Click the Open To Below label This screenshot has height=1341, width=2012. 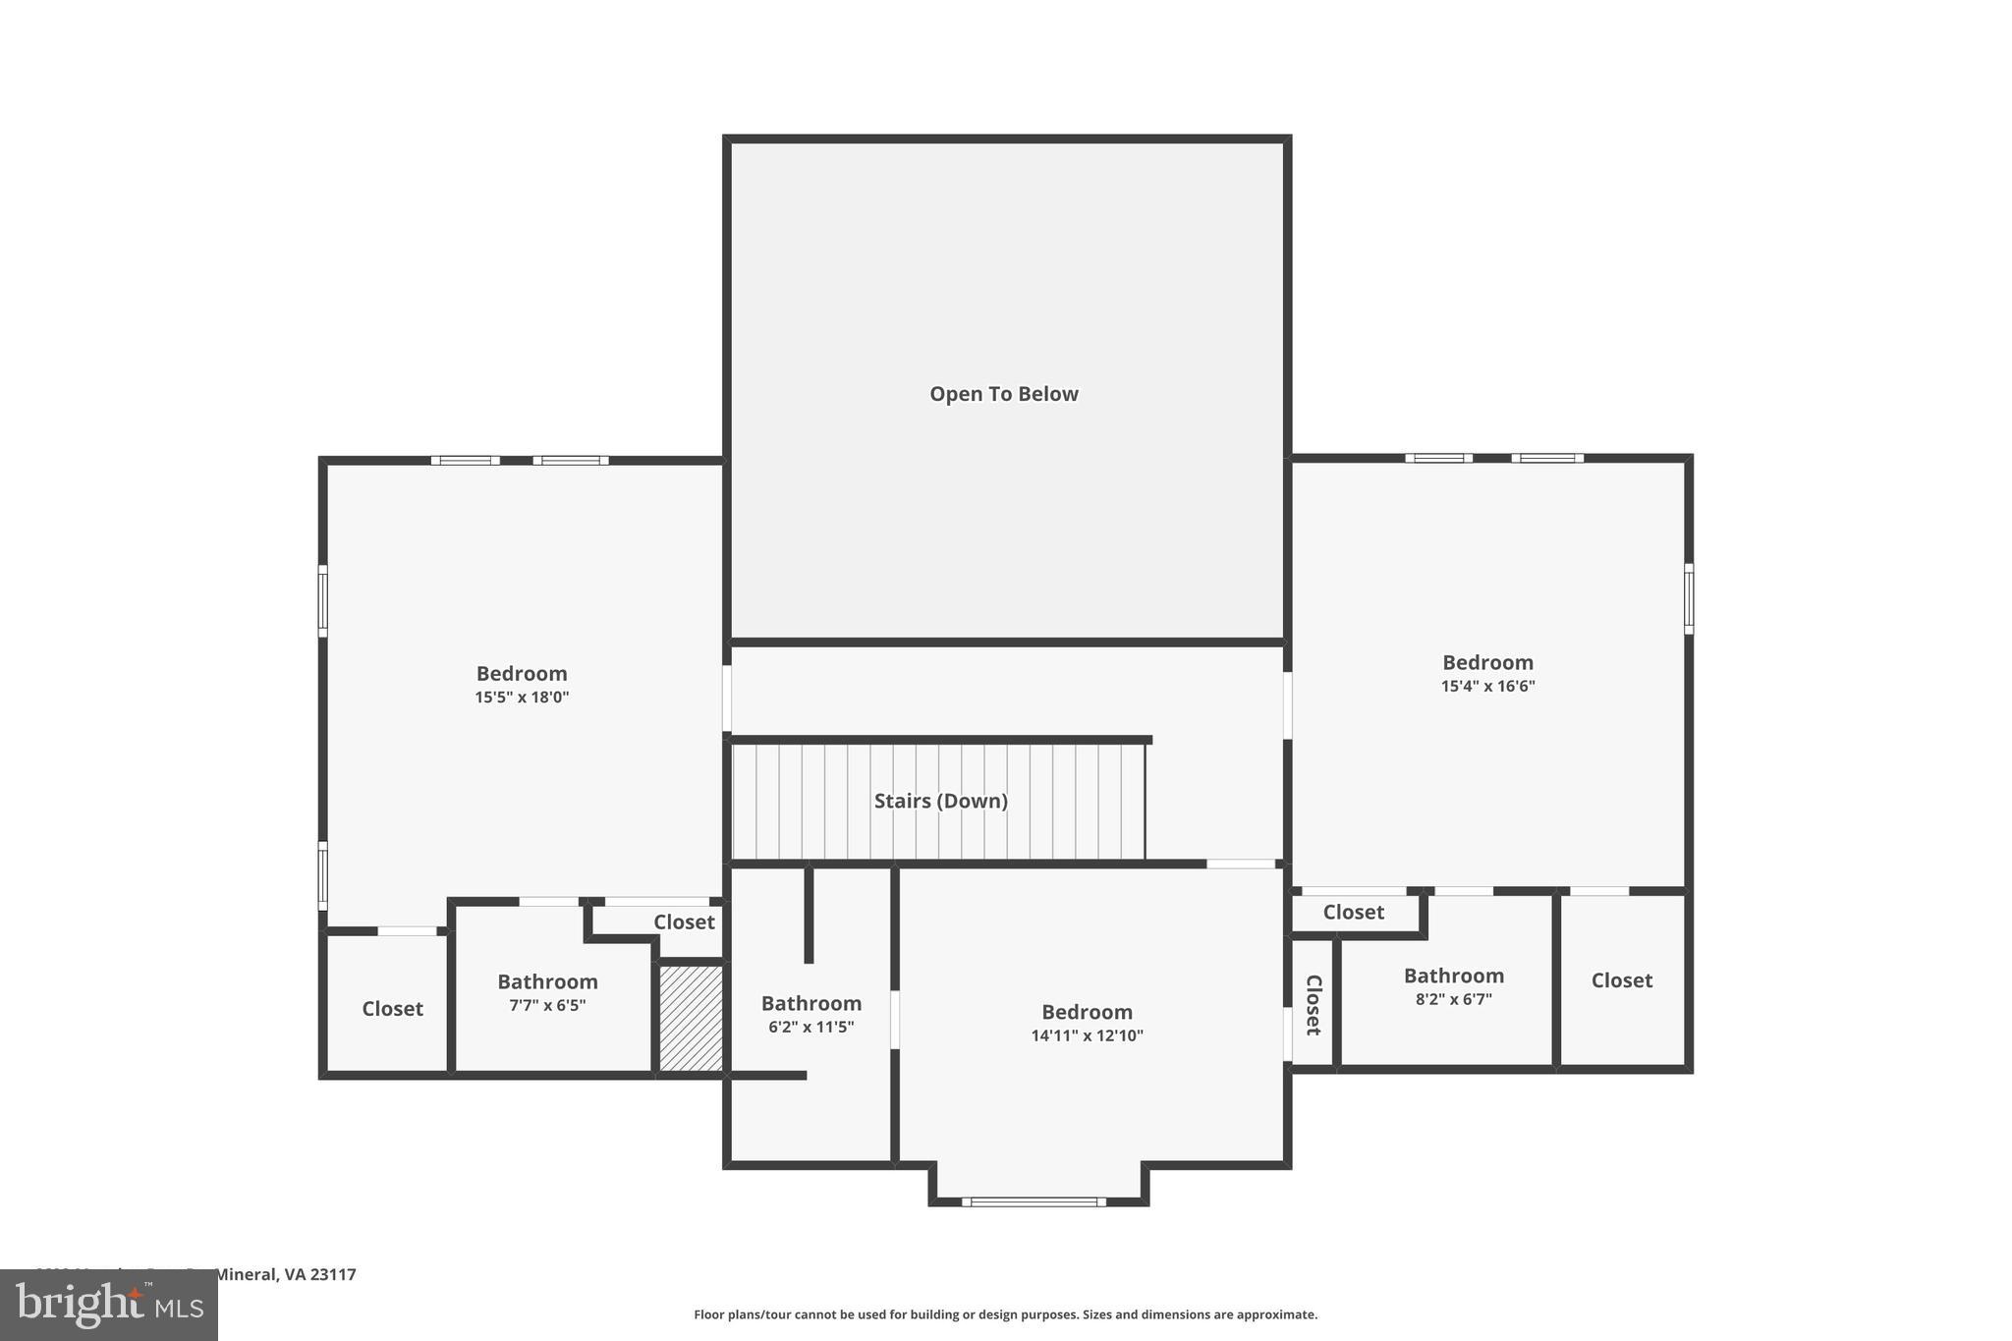tap(1003, 394)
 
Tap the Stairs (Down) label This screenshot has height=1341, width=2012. tap(940, 801)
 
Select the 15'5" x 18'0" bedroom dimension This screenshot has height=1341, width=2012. tap(522, 698)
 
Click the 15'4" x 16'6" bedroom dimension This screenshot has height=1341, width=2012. tap(1487, 686)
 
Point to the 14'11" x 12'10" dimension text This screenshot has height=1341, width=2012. tap(1087, 1035)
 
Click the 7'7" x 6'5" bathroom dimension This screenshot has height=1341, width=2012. tap(547, 1005)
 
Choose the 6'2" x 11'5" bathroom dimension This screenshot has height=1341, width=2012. tap(810, 1027)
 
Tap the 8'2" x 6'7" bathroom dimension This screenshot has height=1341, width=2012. tap(1453, 999)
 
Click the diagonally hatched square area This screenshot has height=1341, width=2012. tap(691, 1018)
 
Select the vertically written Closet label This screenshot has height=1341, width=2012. tap(1313, 1004)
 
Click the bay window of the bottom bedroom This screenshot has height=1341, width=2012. tap(1034, 1201)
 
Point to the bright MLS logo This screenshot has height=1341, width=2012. tap(109, 1305)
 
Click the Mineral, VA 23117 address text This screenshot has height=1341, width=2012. tap(285, 1274)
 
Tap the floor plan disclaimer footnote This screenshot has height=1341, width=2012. tap(1005, 1314)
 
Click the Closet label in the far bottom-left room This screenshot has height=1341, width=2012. tap(392, 1009)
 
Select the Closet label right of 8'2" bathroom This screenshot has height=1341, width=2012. tap(1621, 980)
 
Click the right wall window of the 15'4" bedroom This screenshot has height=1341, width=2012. tap(1689, 597)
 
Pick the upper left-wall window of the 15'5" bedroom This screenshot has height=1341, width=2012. tap(322, 599)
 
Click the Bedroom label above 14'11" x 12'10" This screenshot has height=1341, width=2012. tap(1087, 1012)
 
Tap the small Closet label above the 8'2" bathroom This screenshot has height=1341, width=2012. tap(1353, 912)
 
